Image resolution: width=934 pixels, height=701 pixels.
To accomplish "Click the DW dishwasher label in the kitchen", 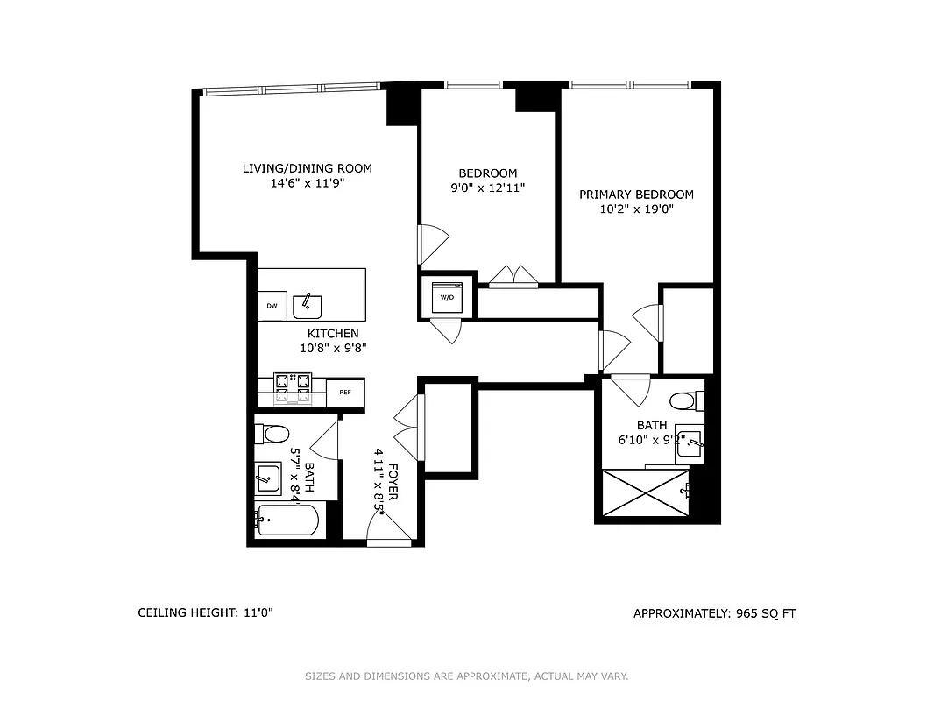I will [x=272, y=306].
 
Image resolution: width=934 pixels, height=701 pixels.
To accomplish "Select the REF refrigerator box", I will [x=345, y=392].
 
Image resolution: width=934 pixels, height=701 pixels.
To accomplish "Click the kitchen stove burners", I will [x=294, y=387].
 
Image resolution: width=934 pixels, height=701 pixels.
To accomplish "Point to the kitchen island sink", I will [x=308, y=305].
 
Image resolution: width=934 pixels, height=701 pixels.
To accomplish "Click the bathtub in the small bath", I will [x=287, y=522].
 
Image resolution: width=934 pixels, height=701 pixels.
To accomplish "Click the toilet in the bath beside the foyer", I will [x=274, y=434].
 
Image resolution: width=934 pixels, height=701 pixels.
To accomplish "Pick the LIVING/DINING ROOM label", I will [x=308, y=169].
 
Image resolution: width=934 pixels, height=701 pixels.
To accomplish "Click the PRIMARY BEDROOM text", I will [x=636, y=195].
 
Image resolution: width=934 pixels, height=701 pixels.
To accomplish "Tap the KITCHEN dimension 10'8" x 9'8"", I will [x=333, y=347].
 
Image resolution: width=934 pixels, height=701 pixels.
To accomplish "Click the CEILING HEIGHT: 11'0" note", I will [x=206, y=613].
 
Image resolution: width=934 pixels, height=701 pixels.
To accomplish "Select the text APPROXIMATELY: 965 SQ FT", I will [x=714, y=613].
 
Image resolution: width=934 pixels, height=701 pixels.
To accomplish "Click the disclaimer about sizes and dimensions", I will [x=466, y=676].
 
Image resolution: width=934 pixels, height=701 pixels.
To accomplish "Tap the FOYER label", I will [x=393, y=481].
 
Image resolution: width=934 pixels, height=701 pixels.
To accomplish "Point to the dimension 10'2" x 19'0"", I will [x=636, y=209].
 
